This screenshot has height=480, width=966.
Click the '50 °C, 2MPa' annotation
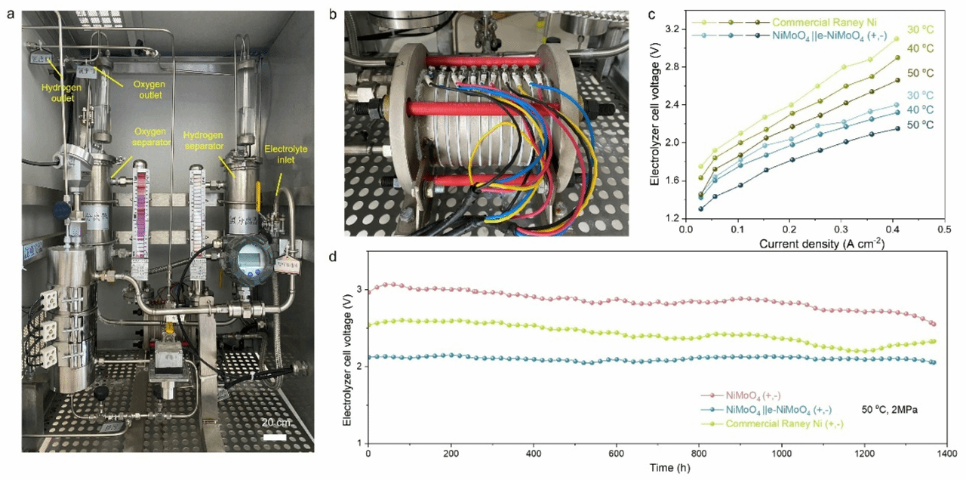pos(894,410)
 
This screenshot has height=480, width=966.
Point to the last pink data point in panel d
pos(934,324)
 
